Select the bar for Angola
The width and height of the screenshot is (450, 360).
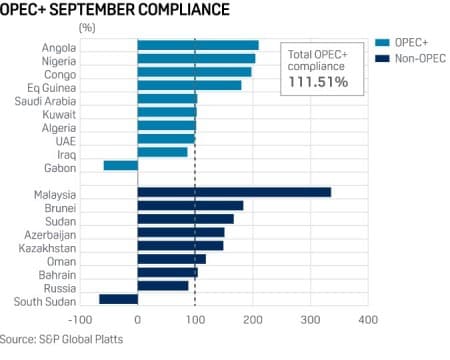(x=197, y=45)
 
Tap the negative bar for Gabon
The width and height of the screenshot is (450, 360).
(x=120, y=165)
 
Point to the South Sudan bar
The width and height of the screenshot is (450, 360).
(x=118, y=299)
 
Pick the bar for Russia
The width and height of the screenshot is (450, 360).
(x=162, y=285)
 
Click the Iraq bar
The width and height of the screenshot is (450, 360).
(x=162, y=152)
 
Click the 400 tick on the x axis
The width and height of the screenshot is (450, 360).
(x=367, y=321)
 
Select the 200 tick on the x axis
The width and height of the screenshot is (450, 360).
(x=252, y=321)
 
